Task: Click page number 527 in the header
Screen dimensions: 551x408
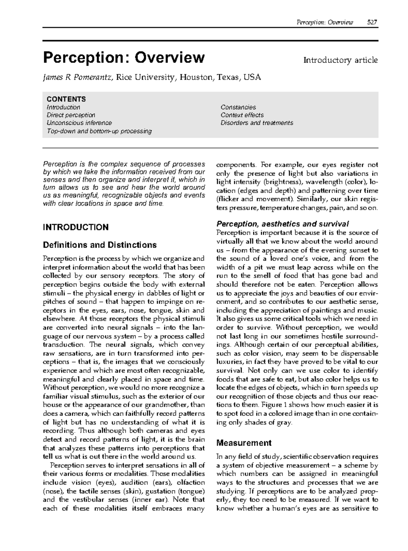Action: click(372, 22)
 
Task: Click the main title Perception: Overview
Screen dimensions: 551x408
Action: click(124, 58)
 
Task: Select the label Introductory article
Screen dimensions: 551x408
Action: click(340, 60)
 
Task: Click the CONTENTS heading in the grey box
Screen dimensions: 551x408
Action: click(66, 99)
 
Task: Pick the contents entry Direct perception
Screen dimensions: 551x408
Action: click(71, 115)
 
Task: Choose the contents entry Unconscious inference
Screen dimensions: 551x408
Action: click(79, 123)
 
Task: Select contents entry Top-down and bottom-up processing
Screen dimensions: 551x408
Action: click(99, 131)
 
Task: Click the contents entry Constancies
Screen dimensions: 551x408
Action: click(238, 107)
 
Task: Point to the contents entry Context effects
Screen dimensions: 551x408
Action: click(242, 115)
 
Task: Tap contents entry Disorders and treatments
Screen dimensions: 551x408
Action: click(256, 123)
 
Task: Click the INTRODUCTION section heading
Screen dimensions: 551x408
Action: click(75, 227)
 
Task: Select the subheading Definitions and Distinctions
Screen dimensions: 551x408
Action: click(100, 245)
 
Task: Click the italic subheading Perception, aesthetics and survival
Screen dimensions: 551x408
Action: click(283, 224)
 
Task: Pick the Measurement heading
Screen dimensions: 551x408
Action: click(244, 443)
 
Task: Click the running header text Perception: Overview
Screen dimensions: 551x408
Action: click(325, 22)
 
